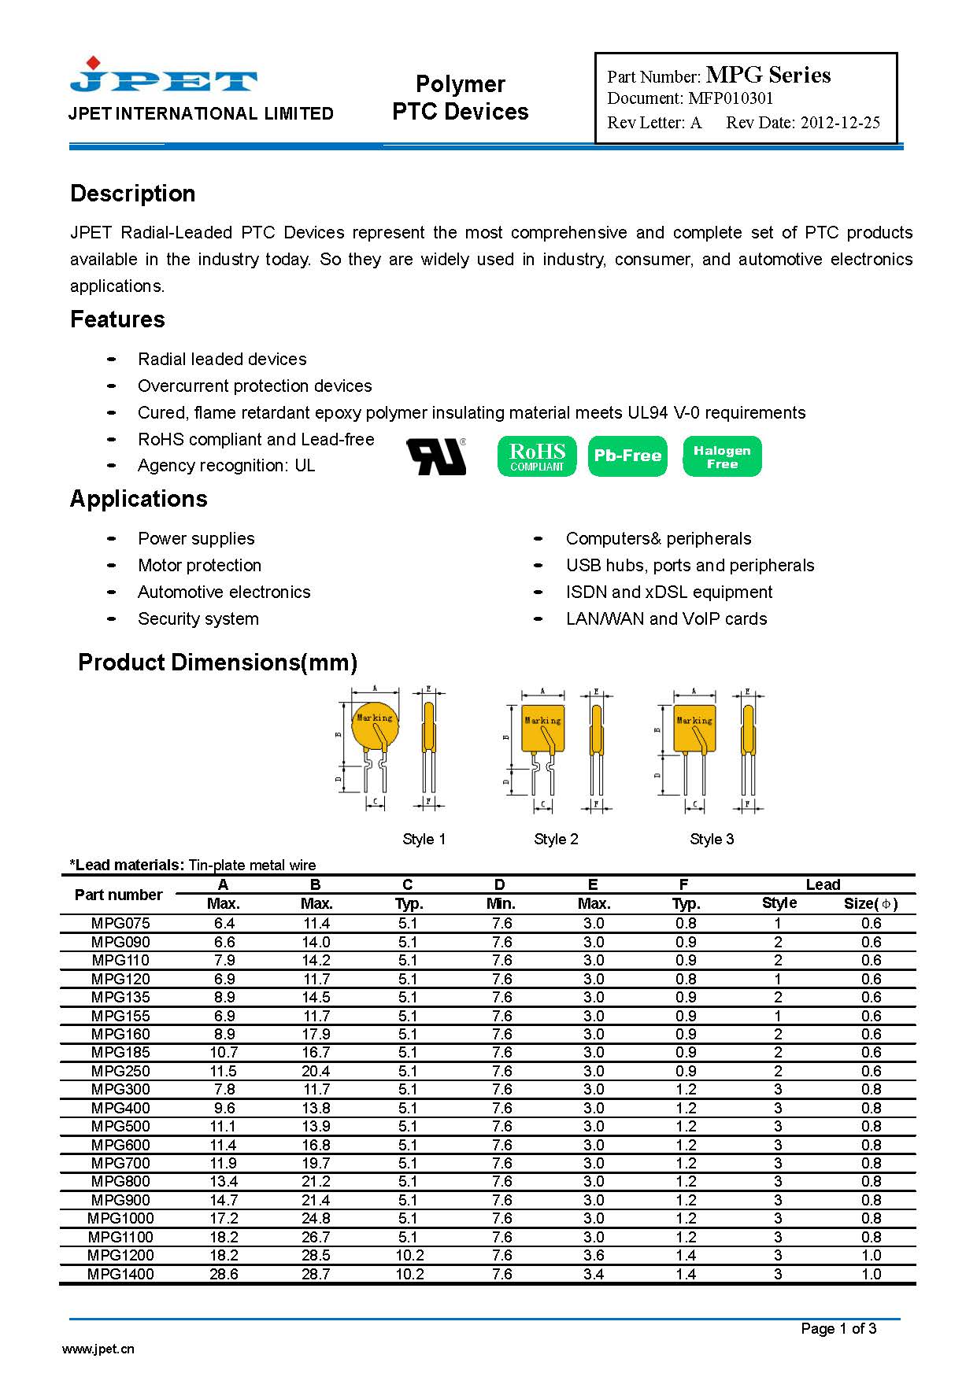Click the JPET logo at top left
click(x=163, y=76)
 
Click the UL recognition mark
click(x=436, y=456)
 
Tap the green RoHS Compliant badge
click(x=537, y=456)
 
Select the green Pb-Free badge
click(x=627, y=456)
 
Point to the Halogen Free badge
click(x=722, y=456)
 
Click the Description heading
click(x=132, y=194)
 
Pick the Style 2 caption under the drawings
click(x=556, y=839)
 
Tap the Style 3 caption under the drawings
click(x=712, y=839)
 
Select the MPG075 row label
click(x=120, y=923)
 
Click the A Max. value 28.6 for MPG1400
click(x=224, y=1274)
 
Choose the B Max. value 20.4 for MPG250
click(x=316, y=1071)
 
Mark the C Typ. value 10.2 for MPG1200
click(x=409, y=1255)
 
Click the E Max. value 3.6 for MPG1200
click(x=594, y=1255)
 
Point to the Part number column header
click(x=118, y=895)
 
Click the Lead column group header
click(x=823, y=884)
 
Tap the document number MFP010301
click(x=731, y=98)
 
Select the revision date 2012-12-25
click(x=840, y=123)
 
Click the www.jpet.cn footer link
click(x=98, y=1349)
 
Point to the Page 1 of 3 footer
click(x=838, y=1328)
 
